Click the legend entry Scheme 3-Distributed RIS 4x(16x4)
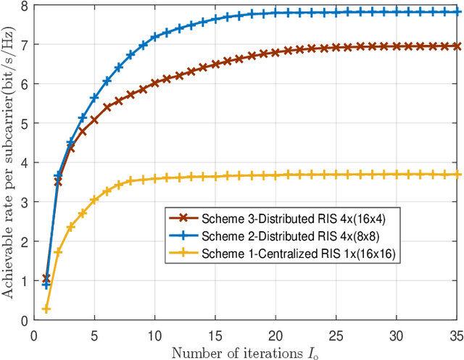[x=281, y=216]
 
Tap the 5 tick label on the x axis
[x=94, y=335]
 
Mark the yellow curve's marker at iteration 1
[x=46, y=309]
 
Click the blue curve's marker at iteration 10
[x=154, y=36]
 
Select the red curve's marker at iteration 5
[x=94, y=120]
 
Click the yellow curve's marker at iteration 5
[x=94, y=200]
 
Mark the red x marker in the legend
[x=185, y=216]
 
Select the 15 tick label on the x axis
[x=215, y=335]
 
